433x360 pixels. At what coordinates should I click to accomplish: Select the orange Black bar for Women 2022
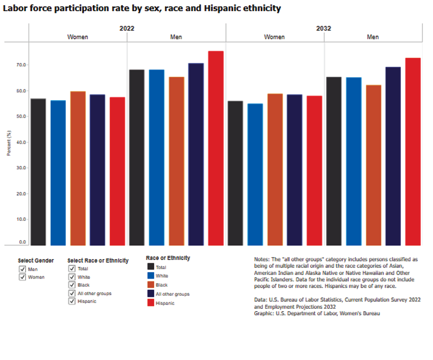tap(78, 168)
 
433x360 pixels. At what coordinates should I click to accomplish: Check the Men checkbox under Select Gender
tap(22, 269)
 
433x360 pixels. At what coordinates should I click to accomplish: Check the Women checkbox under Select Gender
tap(22, 277)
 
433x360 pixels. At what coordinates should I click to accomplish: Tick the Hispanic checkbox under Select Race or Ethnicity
tap(72, 301)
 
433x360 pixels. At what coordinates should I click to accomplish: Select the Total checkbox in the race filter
tap(72, 268)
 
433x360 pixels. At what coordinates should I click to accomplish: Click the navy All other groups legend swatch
tap(151, 294)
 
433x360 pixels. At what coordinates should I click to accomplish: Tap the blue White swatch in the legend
tap(151, 276)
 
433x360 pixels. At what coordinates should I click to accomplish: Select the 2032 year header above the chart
tap(324, 28)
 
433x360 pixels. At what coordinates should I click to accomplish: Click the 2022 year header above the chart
tap(127, 28)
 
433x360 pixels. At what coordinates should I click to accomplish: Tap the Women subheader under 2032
tap(274, 37)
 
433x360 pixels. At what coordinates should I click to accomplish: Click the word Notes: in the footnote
tap(262, 259)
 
